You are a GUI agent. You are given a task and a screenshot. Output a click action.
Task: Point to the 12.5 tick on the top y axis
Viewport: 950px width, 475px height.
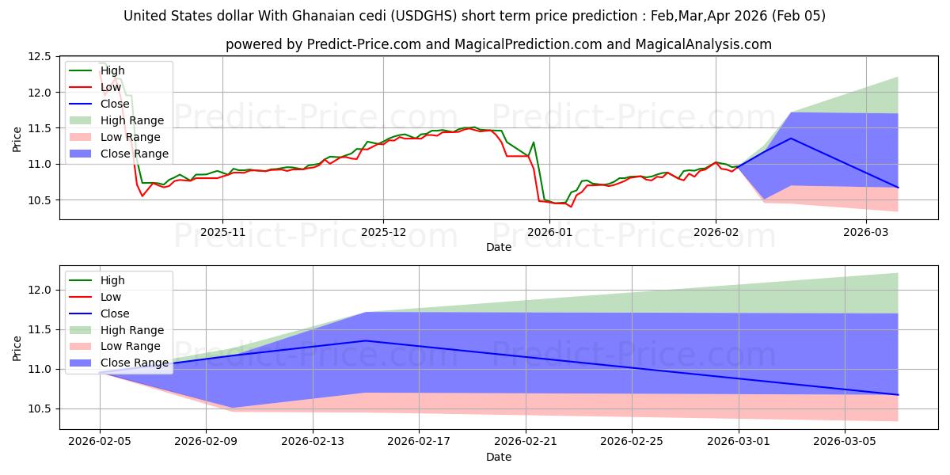click(x=39, y=57)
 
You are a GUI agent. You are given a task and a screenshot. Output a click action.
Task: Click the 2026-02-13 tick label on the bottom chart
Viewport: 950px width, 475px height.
click(x=312, y=441)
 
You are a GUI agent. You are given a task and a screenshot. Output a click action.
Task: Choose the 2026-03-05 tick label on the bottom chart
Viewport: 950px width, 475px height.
click(x=845, y=441)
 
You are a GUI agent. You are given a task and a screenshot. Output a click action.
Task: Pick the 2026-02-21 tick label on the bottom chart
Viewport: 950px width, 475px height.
click(x=526, y=441)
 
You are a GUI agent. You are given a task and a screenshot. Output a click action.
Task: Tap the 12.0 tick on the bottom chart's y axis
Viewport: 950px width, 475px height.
click(x=39, y=290)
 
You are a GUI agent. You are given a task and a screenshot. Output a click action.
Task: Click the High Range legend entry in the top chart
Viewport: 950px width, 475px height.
click(x=132, y=120)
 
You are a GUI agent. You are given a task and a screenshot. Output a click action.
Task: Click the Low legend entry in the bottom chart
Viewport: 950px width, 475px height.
click(x=111, y=297)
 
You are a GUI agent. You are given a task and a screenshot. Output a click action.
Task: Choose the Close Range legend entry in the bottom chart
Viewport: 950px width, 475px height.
click(x=135, y=363)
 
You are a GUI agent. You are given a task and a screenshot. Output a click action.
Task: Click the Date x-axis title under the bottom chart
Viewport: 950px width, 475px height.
click(x=499, y=457)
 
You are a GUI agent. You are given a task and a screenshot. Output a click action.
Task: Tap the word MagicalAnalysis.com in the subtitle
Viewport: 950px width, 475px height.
click(x=705, y=44)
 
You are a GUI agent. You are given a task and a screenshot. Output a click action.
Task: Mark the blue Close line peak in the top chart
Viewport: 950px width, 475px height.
click(x=791, y=139)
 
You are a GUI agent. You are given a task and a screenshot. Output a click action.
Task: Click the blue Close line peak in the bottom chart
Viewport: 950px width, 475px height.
click(x=365, y=340)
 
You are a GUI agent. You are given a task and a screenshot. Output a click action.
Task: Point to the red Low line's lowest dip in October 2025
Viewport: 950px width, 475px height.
click(x=142, y=196)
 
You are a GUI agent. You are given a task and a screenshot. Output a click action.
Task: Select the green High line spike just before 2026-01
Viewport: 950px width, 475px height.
click(x=534, y=142)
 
